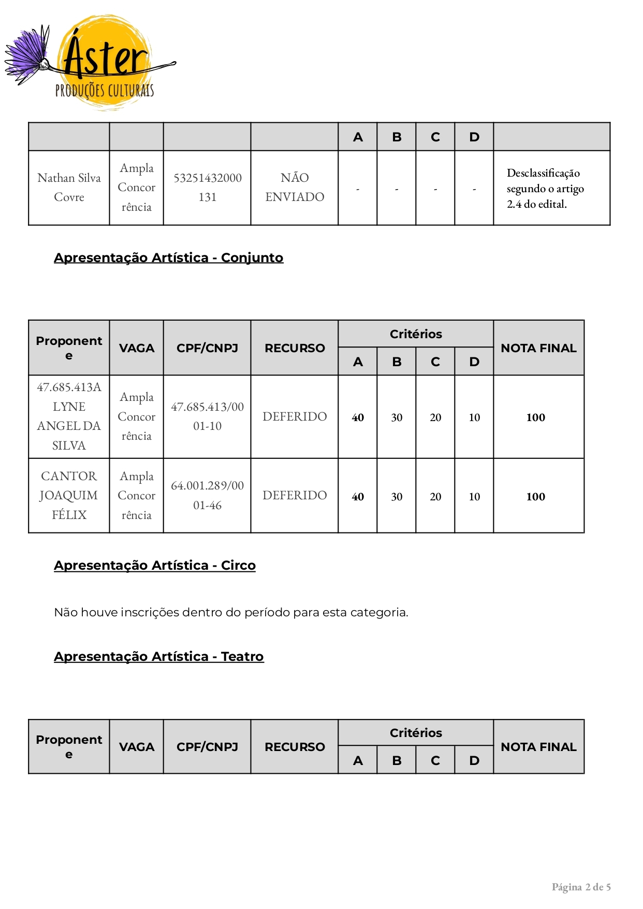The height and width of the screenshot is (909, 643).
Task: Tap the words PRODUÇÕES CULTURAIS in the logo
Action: pyautogui.click(x=105, y=91)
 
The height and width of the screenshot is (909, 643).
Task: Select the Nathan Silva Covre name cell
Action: pyautogui.click(x=69, y=187)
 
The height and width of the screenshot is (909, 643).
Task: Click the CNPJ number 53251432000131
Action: pyautogui.click(x=207, y=187)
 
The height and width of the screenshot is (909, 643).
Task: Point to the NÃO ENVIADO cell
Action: pyautogui.click(x=295, y=187)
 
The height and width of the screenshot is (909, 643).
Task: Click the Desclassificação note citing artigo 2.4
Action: pyautogui.click(x=545, y=189)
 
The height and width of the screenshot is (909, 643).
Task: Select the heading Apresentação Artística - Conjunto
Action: pyautogui.click(x=169, y=258)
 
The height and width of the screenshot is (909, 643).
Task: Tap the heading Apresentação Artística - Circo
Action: pyautogui.click(x=155, y=566)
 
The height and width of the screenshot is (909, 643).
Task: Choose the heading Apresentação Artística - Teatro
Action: pyautogui.click(x=159, y=657)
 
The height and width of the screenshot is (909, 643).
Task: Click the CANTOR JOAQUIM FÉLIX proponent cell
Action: pyautogui.click(x=69, y=496)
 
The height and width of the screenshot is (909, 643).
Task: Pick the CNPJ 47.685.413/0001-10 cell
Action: pyautogui.click(x=207, y=416)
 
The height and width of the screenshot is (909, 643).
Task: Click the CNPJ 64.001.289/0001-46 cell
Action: pyautogui.click(x=207, y=496)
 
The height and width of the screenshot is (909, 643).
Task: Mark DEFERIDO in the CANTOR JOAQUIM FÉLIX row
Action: pyautogui.click(x=295, y=496)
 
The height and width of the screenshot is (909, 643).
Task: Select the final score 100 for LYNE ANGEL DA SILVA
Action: pyautogui.click(x=536, y=417)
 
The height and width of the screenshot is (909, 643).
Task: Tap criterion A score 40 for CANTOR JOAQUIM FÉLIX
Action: pyautogui.click(x=358, y=497)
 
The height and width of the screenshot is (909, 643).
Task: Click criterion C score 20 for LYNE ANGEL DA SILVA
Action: pyautogui.click(x=435, y=417)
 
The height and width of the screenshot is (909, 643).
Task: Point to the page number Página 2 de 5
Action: pyautogui.click(x=581, y=887)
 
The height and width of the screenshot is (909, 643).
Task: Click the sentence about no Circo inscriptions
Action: pyautogui.click(x=231, y=613)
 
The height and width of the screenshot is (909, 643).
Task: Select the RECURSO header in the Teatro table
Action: pyautogui.click(x=295, y=747)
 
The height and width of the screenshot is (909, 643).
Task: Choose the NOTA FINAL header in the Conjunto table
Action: pyautogui.click(x=538, y=348)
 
